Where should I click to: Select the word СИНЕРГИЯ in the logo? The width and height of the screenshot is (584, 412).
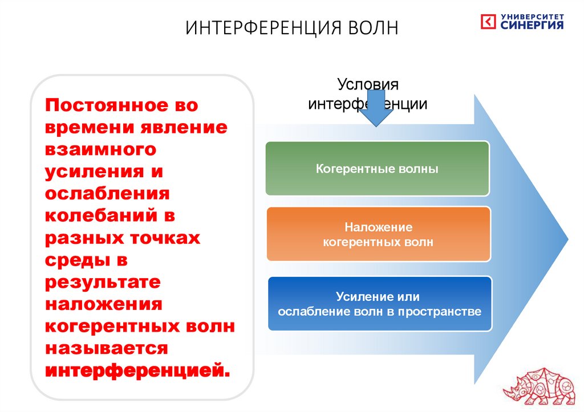click(x=533, y=26)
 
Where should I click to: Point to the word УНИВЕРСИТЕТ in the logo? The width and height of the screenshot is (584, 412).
click(x=533, y=17)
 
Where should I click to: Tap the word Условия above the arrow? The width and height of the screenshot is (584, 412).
click(x=368, y=85)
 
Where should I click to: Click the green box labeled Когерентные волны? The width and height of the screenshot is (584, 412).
click(x=378, y=169)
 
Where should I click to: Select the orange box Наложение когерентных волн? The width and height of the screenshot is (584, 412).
click(x=379, y=234)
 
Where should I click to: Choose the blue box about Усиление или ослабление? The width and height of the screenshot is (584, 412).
click(x=380, y=304)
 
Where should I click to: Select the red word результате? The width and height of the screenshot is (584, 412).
click(x=103, y=282)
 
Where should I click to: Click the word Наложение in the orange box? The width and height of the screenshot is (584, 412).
click(x=378, y=227)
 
